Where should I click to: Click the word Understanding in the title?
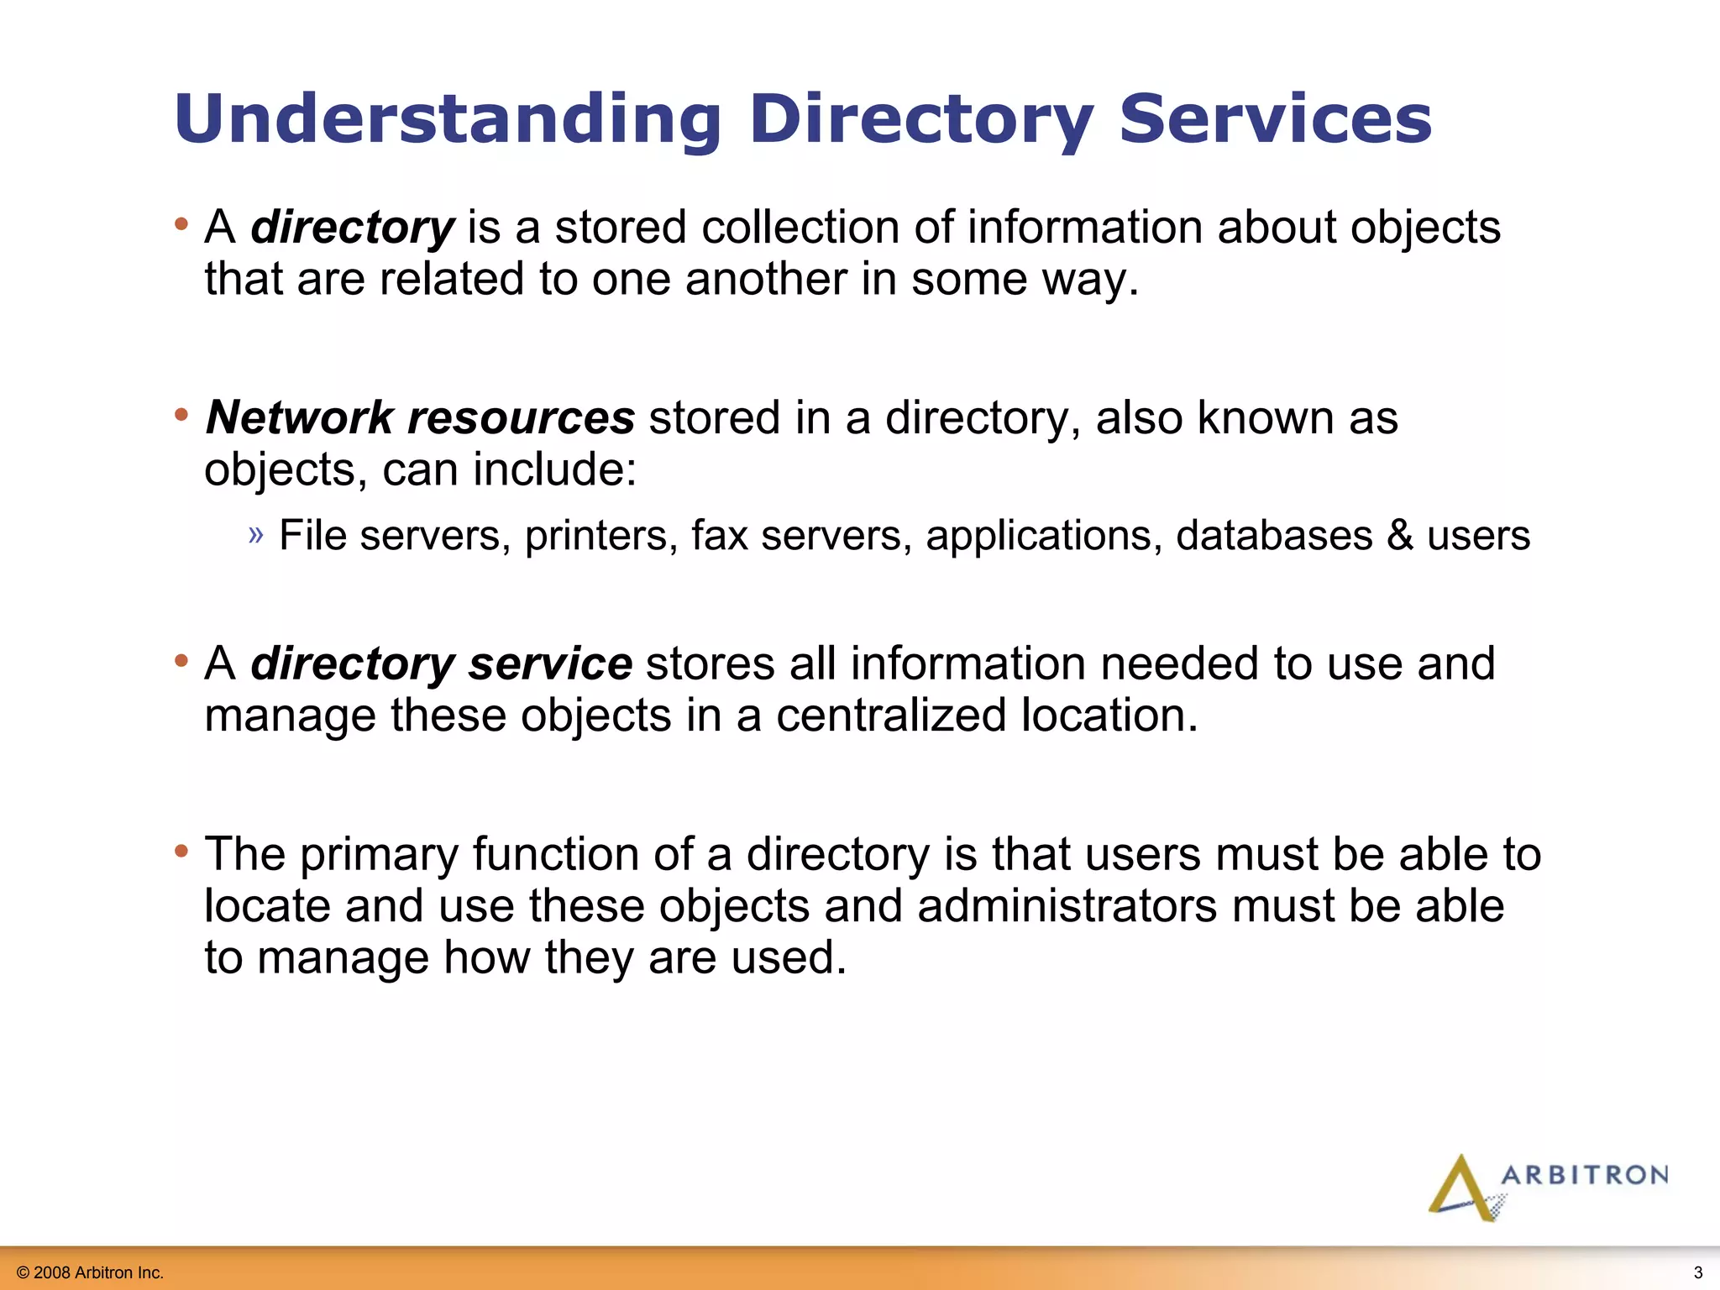[448, 119]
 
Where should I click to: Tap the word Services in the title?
[1275, 119]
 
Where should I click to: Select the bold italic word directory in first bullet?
[353, 228]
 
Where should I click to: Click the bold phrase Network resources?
[420, 417]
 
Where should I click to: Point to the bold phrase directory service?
[442, 663]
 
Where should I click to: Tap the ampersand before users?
[1400, 536]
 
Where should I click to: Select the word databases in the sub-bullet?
[1273, 536]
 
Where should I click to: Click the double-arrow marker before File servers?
[256, 534]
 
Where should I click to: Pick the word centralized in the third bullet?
[891, 716]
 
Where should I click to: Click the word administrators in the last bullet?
[1067, 906]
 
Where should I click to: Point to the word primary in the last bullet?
[379, 855]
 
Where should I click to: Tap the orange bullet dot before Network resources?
[181, 415]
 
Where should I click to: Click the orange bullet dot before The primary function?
[181, 852]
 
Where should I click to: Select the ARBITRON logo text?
[1584, 1175]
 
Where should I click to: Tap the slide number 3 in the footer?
[1697, 1272]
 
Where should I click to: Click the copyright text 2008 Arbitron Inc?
[91, 1272]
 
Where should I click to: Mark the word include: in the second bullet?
[554, 469]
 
